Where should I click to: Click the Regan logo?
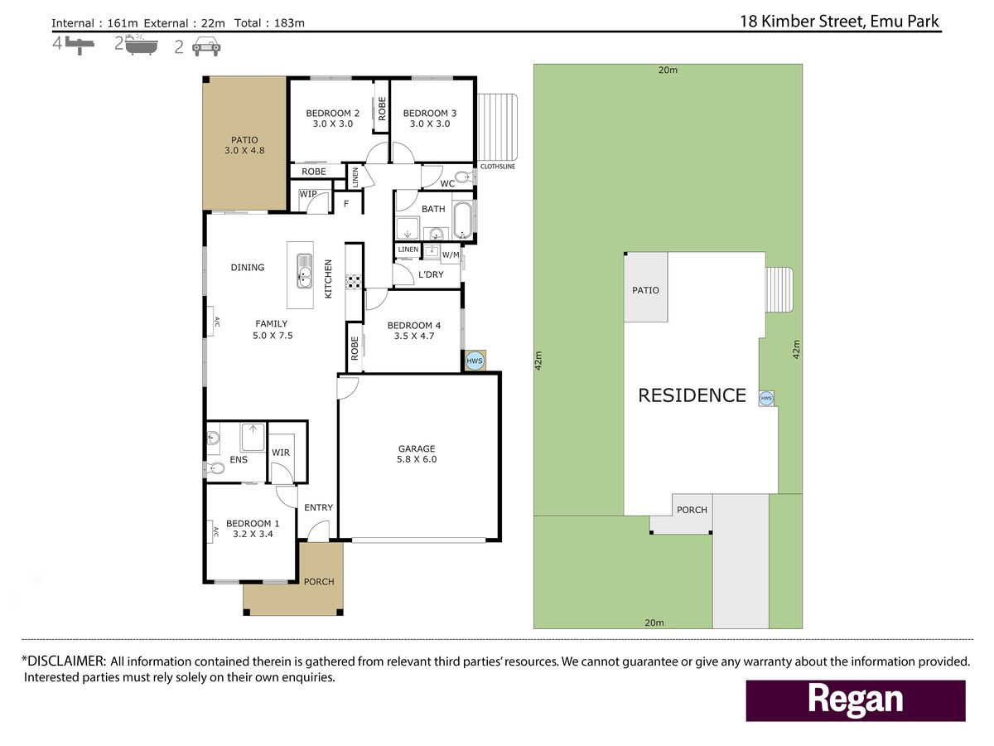click(856, 700)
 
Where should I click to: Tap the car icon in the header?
click(206, 46)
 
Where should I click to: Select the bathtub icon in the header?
click(142, 45)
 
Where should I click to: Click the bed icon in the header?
click(80, 46)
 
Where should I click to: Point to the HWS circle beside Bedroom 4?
click(474, 361)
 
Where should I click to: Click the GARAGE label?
click(417, 448)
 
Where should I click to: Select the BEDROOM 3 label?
click(430, 113)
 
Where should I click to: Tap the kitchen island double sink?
click(304, 271)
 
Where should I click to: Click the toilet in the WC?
click(463, 177)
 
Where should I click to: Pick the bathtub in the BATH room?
click(463, 220)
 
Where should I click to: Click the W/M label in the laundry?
click(450, 255)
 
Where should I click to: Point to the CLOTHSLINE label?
click(498, 167)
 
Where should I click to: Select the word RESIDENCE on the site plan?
click(692, 395)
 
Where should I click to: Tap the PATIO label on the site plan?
click(645, 290)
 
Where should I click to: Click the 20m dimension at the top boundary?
click(668, 70)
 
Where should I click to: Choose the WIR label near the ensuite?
click(281, 452)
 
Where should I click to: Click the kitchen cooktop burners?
click(354, 282)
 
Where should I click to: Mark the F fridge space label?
click(346, 204)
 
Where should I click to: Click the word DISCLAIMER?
click(66, 661)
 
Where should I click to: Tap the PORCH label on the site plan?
click(692, 510)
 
